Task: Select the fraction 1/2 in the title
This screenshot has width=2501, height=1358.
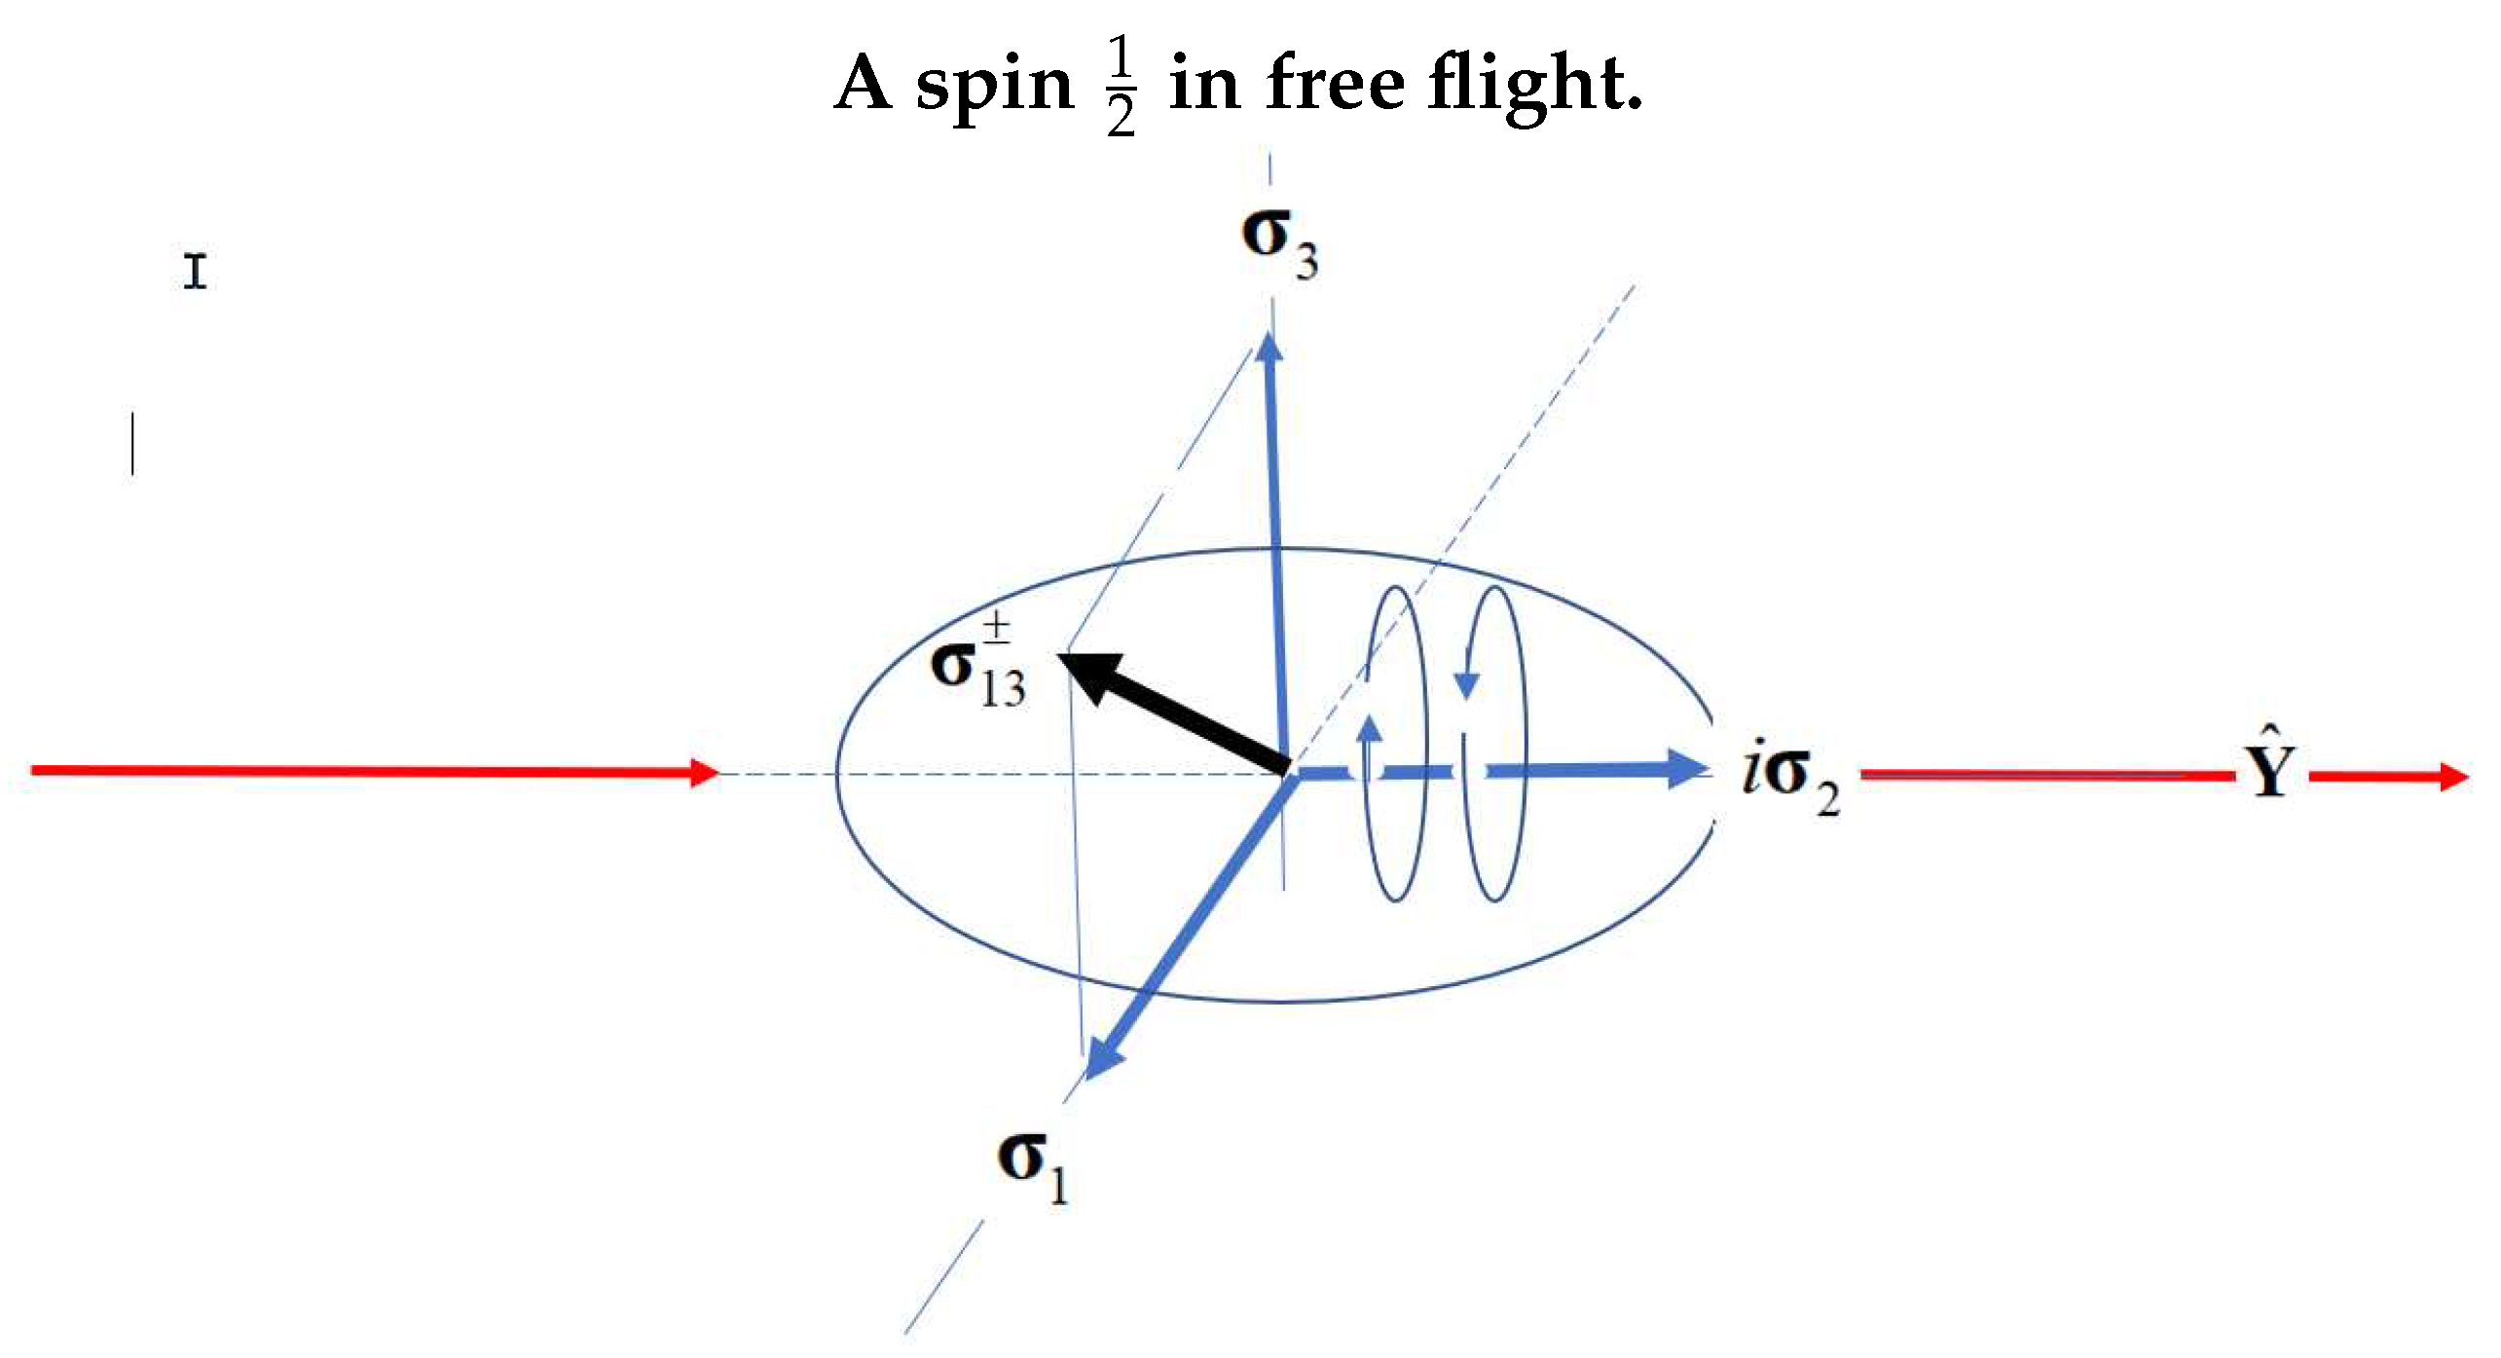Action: pos(1121,86)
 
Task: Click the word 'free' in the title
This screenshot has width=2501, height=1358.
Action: pos(1336,84)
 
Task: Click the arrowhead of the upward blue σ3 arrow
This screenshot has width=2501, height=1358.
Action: pos(1269,348)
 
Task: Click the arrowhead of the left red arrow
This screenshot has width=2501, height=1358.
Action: pos(703,773)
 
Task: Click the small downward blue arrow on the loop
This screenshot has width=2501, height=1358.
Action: pos(1466,684)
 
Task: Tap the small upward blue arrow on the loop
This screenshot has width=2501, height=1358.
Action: pos(1370,728)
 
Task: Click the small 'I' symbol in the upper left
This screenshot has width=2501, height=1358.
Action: pos(196,271)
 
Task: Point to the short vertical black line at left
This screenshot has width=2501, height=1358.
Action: pos(132,444)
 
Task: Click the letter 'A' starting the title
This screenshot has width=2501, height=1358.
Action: pos(864,84)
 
